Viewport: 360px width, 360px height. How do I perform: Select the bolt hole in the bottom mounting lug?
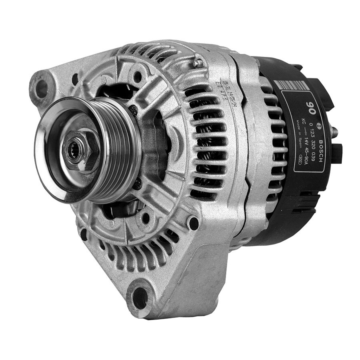pos(140,298)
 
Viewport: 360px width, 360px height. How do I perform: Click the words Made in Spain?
pos(298,134)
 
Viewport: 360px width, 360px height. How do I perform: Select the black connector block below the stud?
pos(336,154)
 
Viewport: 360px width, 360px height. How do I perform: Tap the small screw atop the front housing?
pos(196,63)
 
